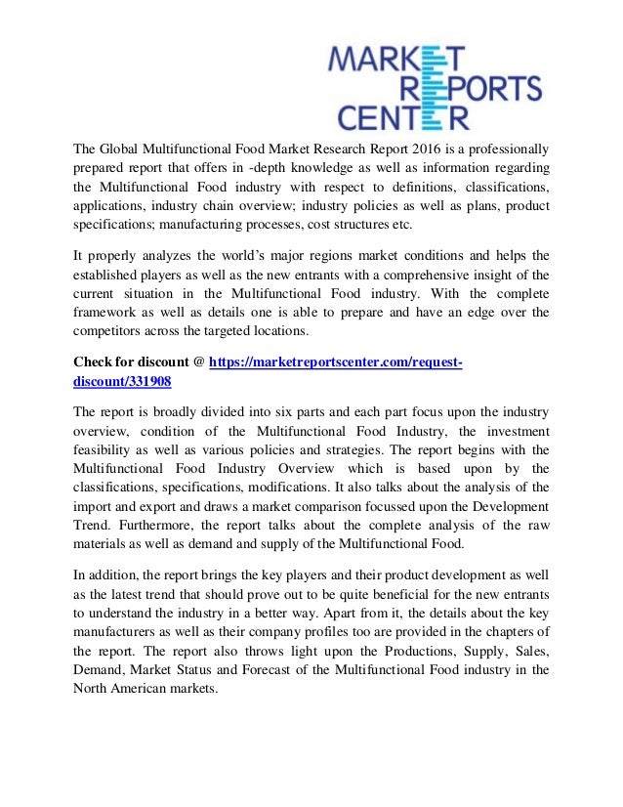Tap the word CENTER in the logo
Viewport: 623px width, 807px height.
pos(402,118)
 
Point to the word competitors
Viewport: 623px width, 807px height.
pos(112,333)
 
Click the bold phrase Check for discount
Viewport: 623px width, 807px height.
pos(132,361)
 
